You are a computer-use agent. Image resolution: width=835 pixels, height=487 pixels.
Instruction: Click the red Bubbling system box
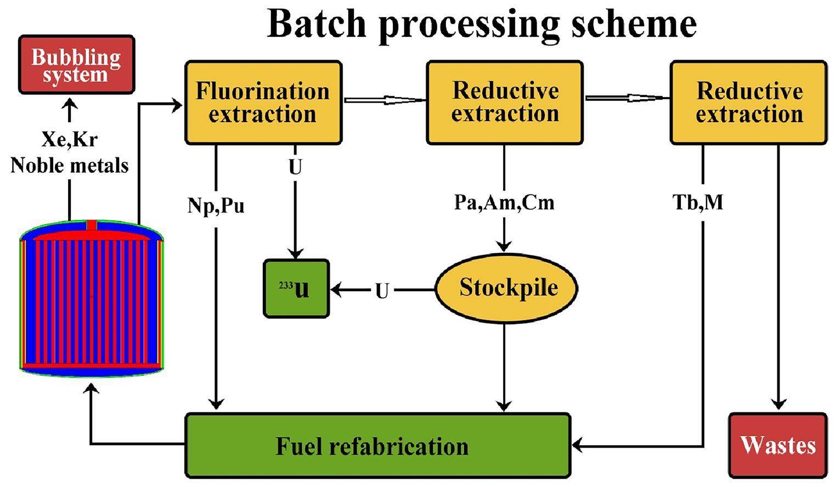pos(76,65)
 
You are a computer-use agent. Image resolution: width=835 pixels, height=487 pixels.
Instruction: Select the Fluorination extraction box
pos(263,103)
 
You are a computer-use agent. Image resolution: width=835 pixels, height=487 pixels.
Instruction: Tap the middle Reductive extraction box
pos(505,103)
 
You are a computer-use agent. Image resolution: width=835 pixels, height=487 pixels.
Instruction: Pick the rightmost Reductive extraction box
pos(748,103)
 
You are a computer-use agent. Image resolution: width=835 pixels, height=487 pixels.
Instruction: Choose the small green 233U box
pos(296,288)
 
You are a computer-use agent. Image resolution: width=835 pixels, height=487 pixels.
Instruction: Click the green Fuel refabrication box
pos(377,446)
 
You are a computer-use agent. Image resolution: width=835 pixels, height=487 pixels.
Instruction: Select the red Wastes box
pos(778,445)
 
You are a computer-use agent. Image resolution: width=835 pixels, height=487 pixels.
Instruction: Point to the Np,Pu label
pos(216,206)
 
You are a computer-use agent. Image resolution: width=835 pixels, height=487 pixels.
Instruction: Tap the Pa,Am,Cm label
pos(504,202)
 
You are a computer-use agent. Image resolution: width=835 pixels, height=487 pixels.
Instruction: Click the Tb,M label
pos(698,202)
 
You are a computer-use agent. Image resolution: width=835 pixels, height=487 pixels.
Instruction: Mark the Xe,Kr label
pos(70,139)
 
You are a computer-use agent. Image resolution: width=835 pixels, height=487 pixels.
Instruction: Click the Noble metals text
pos(70,165)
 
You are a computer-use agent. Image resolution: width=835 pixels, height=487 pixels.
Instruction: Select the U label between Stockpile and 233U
pos(382,291)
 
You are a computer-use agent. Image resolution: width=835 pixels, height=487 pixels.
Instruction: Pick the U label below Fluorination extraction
pos(295,167)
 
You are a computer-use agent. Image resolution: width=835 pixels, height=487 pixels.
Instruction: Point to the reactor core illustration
pos(92,299)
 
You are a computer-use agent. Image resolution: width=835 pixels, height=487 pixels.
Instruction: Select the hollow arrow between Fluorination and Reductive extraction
pos(384,100)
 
